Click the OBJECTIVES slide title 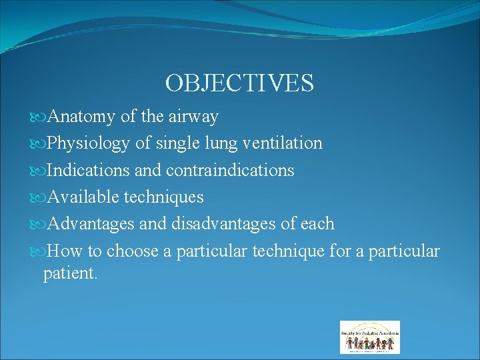click(239, 83)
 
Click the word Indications click(89, 170)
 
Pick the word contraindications click(230, 170)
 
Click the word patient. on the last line click(71, 273)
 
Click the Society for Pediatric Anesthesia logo click(370, 337)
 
